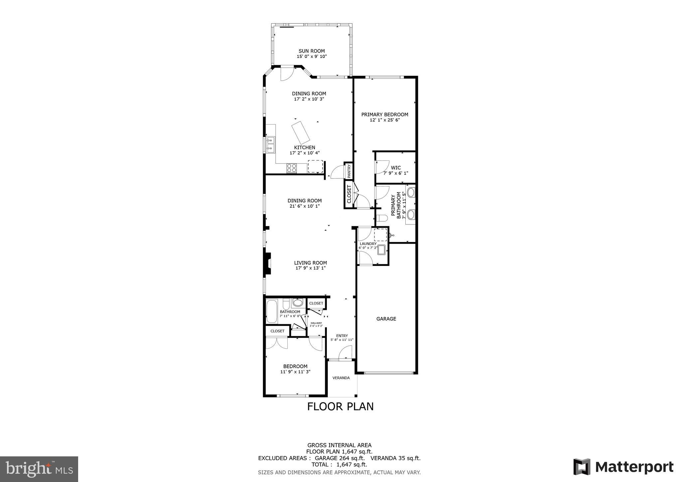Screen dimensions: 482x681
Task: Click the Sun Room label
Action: (x=312, y=51)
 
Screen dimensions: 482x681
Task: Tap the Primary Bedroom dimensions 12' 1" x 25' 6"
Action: (x=384, y=120)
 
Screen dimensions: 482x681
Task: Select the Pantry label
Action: (x=349, y=170)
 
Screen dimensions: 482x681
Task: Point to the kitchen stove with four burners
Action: (x=292, y=168)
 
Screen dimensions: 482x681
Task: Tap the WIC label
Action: (x=396, y=168)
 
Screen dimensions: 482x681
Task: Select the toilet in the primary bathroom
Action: (x=382, y=218)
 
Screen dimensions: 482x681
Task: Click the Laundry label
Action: (x=368, y=244)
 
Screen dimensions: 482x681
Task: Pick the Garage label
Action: (x=386, y=319)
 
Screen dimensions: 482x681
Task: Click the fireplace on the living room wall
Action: (x=267, y=264)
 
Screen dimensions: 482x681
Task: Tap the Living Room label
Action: (x=310, y=263)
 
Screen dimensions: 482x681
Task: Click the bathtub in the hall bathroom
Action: (x=272, y=312)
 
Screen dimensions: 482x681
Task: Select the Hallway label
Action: (x=316, y=323)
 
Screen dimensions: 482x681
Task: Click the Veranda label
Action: (x=341, y=378)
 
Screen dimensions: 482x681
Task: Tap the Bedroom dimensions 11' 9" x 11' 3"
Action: (x=295, y=372)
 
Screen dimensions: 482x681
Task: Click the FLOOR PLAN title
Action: (x=340, y=406)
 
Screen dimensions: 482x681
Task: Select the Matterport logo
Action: (x=623, y=467)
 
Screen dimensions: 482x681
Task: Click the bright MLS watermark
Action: (x=39, y=469)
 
